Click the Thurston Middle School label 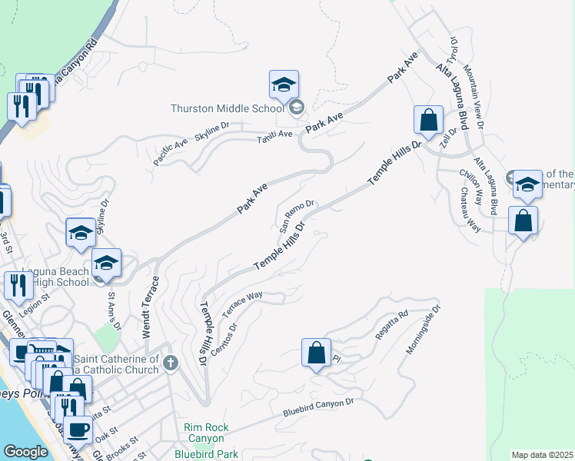point(228,108)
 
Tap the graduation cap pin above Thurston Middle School point(284,85)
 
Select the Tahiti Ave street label point(275,134)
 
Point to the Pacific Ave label point(171,146)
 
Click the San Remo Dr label point(297,216)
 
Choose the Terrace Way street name point(243,304)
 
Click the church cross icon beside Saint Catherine point(171,363)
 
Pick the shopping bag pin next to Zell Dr point(428,120)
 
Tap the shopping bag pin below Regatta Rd point(316,353)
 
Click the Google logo point(25,452)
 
